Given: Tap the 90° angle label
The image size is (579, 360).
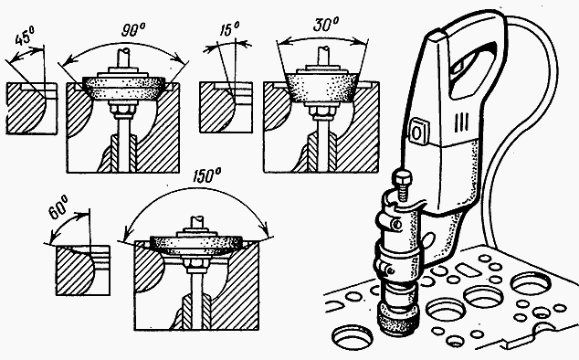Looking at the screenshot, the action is coord(133,30).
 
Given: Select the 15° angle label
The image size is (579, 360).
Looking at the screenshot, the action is coord(229,29).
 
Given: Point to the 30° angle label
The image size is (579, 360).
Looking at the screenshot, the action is coord(326,25).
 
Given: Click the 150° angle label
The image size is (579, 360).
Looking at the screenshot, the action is coord(206,175).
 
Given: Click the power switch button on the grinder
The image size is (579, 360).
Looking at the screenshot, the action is coord(417,130).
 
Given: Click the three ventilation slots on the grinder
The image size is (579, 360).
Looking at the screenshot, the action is coord(462,122).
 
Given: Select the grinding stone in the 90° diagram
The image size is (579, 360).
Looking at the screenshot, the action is coord(123,89).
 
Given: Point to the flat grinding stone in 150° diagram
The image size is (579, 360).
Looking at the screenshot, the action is coord(198,245).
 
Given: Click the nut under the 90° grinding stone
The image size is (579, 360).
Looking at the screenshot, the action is coord(121,109).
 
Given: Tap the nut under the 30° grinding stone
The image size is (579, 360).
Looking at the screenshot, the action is coord(321,111).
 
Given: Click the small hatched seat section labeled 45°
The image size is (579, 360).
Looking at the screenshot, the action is coord(31,108).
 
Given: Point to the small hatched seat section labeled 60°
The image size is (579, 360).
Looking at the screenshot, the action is coord(82,270).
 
